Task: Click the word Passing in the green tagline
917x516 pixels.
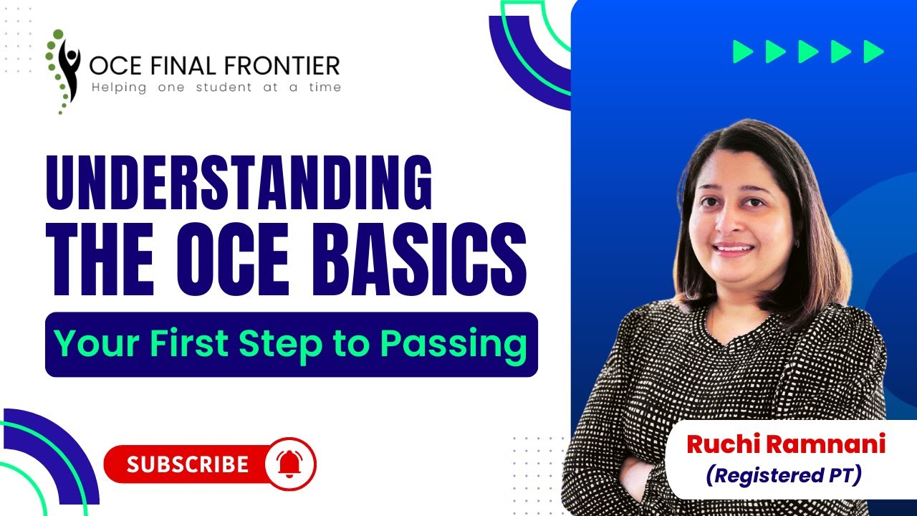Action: [453, 344]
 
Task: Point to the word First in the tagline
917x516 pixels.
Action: [191, 344]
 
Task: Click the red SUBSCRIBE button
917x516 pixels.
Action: [188, 464]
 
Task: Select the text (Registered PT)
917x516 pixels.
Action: [783, 474]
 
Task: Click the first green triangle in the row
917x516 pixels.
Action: [743, 52]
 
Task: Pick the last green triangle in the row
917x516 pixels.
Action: [873, 52]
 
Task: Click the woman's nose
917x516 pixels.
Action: [733, 228]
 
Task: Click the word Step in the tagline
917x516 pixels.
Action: [280, 344]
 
